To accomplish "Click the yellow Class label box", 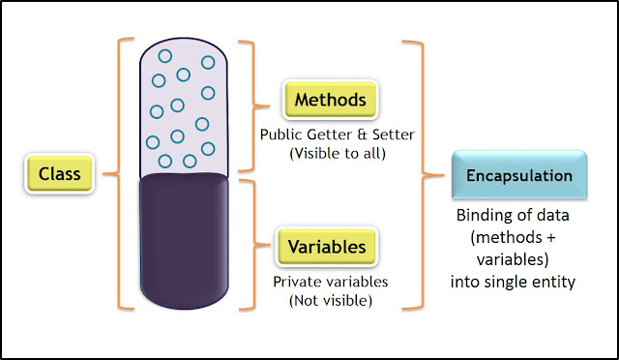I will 60,174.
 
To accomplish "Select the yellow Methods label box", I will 330,100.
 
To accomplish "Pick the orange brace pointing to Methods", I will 253,101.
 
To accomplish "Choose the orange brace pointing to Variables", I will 253,246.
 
